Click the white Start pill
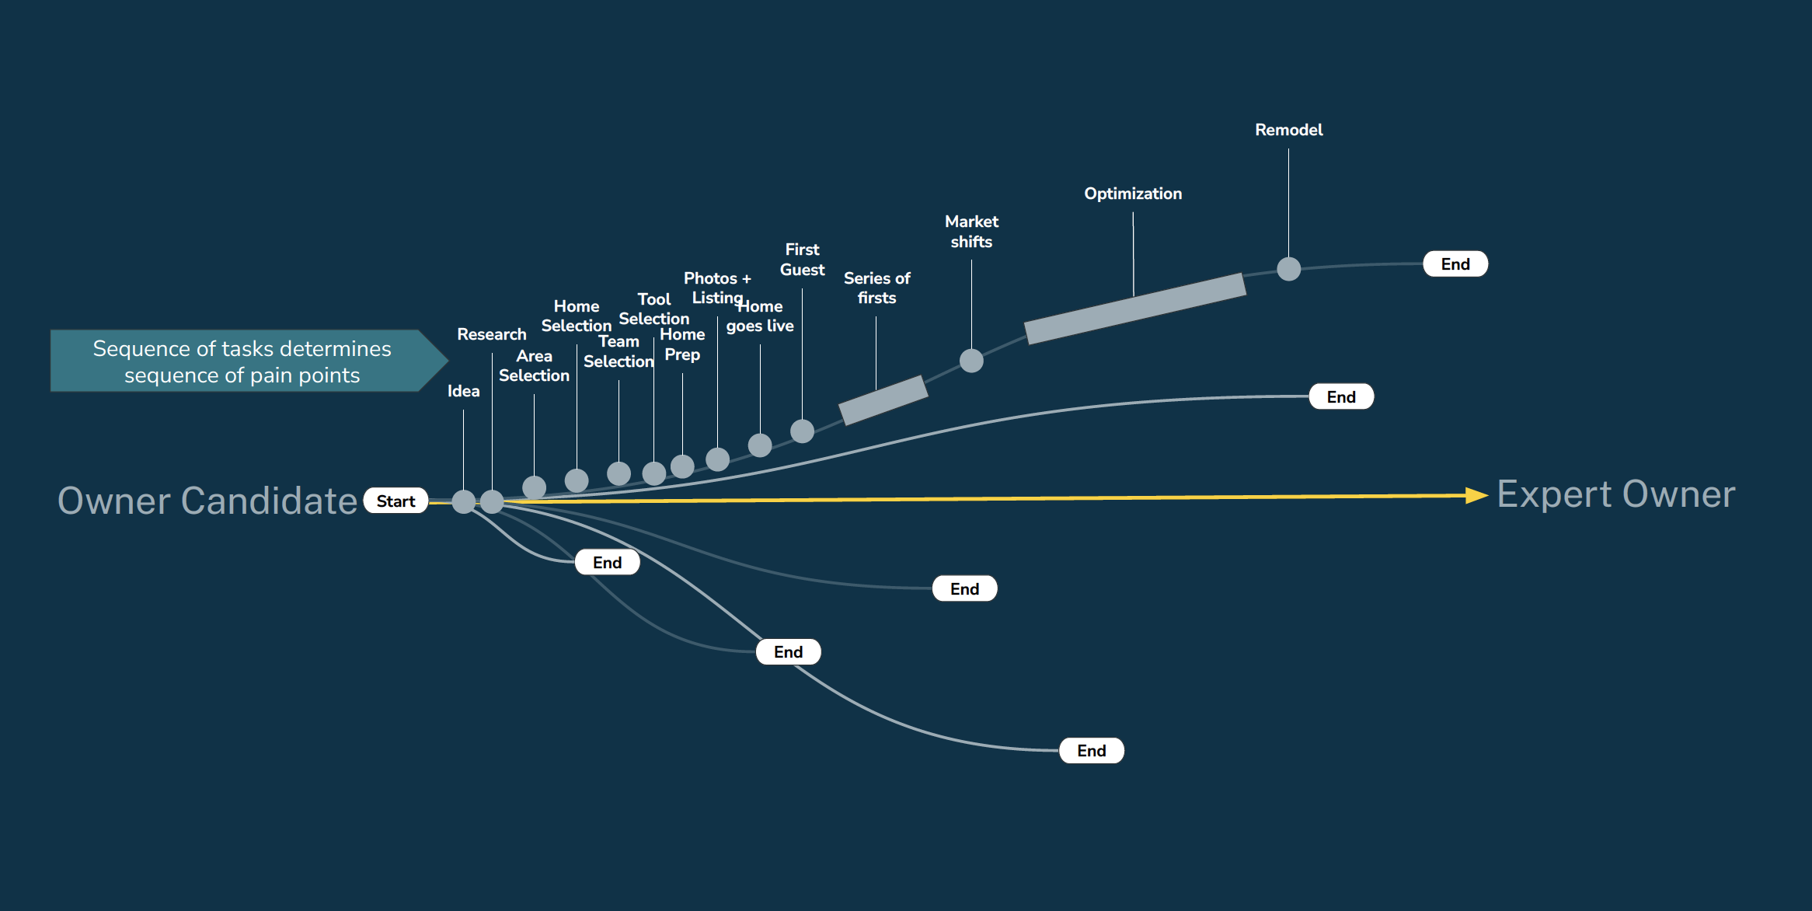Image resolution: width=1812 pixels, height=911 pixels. point(396,501)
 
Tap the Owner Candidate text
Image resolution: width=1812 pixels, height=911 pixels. point(207,501)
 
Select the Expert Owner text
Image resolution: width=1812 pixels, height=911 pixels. point(1615,495)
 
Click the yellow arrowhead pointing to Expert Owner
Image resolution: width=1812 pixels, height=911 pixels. point(1475,495)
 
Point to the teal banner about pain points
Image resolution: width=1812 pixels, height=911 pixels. point(242,361)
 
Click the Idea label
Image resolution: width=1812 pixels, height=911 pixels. point(463,391)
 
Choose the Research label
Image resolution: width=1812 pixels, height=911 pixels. point(491,334)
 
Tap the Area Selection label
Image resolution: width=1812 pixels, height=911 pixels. point(534,365)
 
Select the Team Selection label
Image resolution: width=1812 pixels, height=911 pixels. point(619,351)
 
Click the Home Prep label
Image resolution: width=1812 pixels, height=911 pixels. point(682,344)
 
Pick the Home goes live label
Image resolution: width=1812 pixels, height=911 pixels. point(760,316)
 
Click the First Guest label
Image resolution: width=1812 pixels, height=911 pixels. point(802,260)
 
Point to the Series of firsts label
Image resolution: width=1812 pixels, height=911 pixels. point(876,288)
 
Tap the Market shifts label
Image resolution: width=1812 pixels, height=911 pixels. point(971,232)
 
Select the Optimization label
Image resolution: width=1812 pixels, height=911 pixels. point(1133,194)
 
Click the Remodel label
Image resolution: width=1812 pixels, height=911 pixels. point(1288,130)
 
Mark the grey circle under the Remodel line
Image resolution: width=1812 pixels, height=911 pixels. point(1288,269)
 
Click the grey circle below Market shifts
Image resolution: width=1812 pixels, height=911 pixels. point(971,361)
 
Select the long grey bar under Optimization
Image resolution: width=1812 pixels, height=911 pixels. point(1134,309)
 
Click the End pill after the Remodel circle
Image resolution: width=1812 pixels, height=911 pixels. point(1455,264)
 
